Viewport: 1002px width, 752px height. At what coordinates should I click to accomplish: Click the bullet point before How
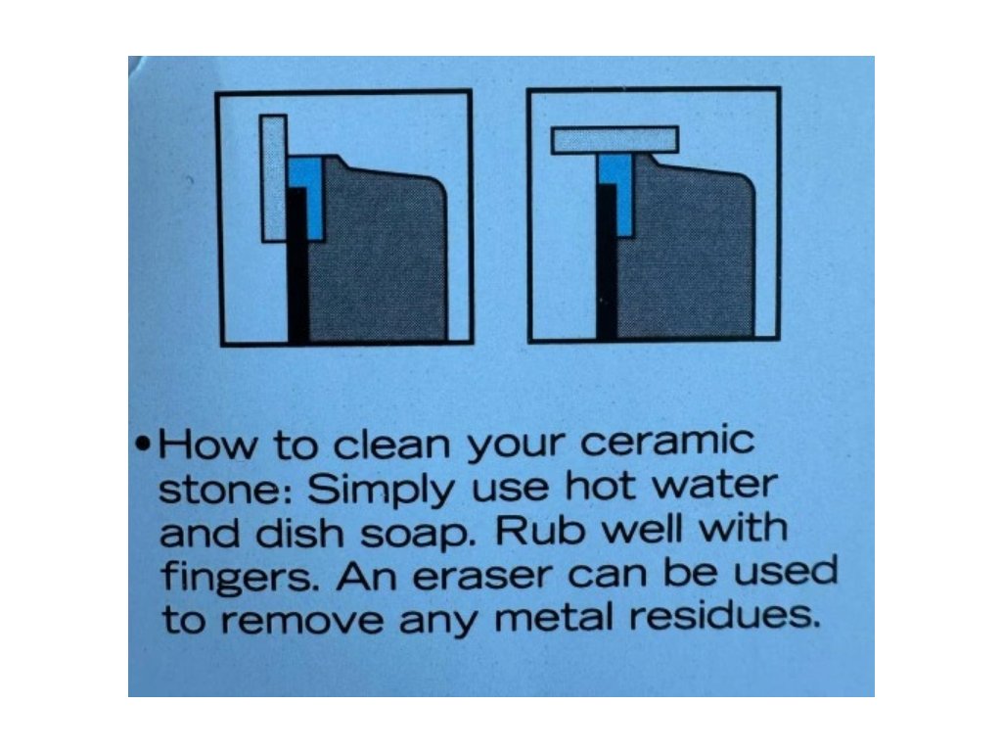[x=145, y=444]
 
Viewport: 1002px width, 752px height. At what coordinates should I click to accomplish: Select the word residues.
[x=724, y=615]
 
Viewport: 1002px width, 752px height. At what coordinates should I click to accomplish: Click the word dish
[x=299, y=532]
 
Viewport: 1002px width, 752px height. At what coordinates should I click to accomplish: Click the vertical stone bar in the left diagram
[x=274, y=178]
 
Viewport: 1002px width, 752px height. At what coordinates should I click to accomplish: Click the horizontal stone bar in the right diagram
[x=615, y=140]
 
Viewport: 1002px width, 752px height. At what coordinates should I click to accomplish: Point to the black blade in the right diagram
[x=607, y=262]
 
